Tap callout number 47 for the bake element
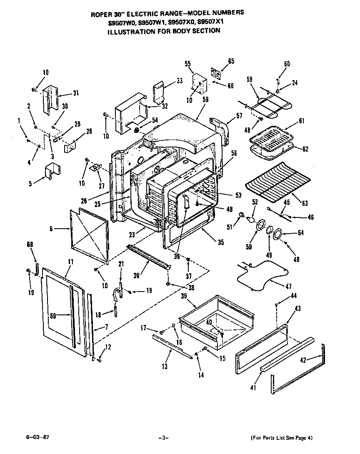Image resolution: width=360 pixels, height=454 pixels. click(288, 286)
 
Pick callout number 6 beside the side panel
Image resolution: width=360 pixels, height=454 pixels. click(51, 228)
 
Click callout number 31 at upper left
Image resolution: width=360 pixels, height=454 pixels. click(75, 93)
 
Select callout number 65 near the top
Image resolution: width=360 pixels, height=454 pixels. click(231, 61)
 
